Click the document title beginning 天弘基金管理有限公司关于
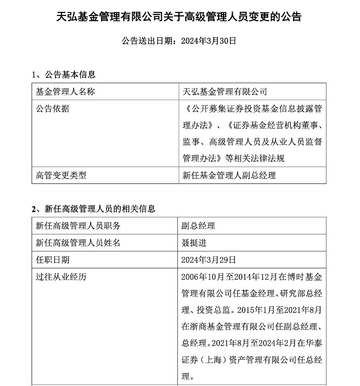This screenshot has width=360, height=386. pos(179,17)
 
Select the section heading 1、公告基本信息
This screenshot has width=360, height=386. pos(64,74)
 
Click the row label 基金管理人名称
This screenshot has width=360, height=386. pos(65,92)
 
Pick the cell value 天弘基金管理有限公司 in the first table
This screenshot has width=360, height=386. pos(225,92)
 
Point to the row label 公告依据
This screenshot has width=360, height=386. pos(52,109)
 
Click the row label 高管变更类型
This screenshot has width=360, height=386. pos(61,175)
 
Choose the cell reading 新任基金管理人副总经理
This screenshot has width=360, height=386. pos(229,175)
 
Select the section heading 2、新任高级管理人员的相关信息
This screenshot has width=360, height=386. pos(93,209)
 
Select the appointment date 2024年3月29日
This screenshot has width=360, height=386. pos(209,260)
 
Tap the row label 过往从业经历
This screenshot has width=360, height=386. pos(61,277)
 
